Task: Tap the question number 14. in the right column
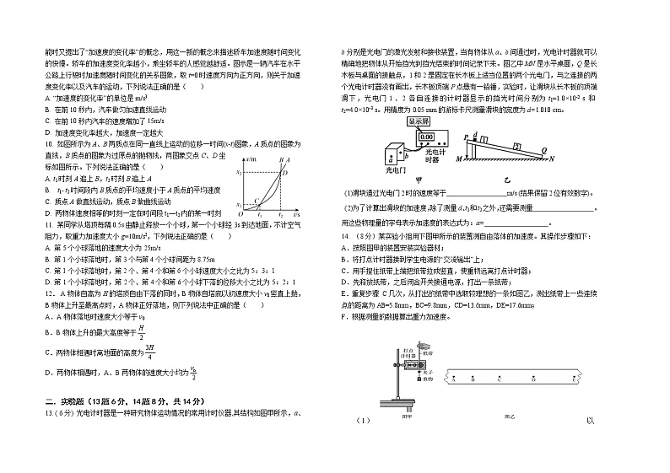(x=345, y=238)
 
